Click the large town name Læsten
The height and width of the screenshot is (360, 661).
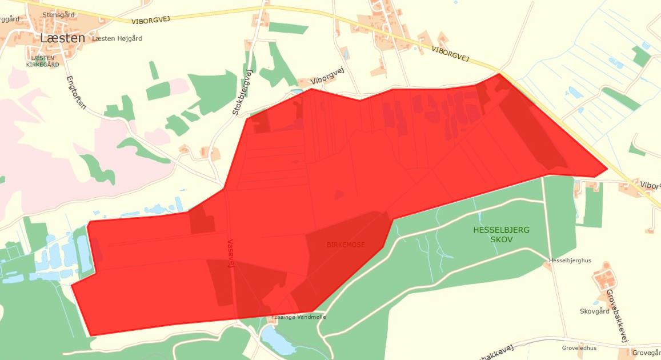click(63, 38)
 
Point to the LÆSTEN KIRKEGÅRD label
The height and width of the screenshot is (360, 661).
click(42, 61)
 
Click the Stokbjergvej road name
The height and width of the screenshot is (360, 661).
click(242, 94)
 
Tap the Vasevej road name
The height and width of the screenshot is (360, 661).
click(231, 253)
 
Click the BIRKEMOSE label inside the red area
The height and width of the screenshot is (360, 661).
click(346, 245)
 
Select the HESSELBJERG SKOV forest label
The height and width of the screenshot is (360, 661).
click(501, 234)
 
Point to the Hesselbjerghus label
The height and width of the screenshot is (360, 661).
click(570, 261)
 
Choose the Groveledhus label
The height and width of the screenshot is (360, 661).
click(579, 347)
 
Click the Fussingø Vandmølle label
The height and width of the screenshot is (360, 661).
click(299, 317)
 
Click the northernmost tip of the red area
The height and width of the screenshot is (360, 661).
click(499, 73)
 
